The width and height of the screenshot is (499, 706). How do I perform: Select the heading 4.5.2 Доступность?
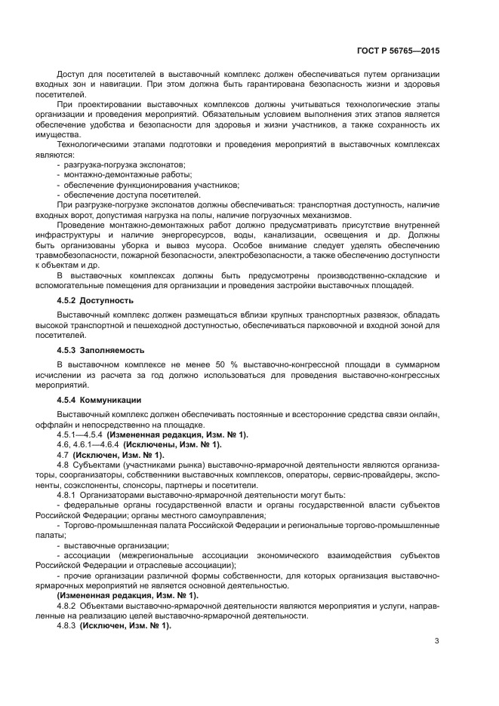coord(91,299)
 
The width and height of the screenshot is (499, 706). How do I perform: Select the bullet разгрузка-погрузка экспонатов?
coord(125,164)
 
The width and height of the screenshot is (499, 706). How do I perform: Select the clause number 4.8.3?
coord(66,626)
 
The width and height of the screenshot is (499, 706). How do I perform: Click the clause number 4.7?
coord(63,455)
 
